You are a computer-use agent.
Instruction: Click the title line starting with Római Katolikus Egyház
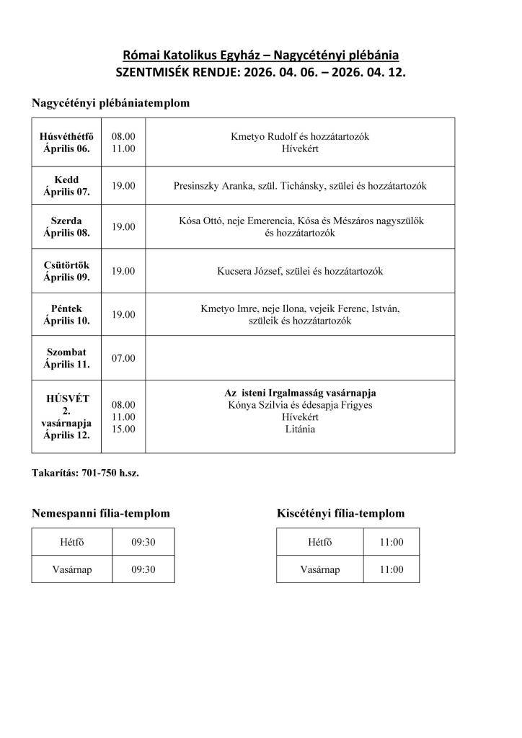(x=260, y=55)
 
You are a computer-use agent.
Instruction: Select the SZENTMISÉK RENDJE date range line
(x=260, y=72)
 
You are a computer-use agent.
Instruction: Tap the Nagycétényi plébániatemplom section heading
(x=110, y=103)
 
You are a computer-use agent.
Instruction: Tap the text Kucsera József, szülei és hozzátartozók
(x=300, y=271)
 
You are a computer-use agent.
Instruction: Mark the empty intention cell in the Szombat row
(x=300, y=358)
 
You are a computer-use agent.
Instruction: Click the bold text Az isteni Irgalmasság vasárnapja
(x=300, y=393)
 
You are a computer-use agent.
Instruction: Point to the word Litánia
(x=300, y=429)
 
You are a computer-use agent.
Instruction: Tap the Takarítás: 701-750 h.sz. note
(x=90, y=474)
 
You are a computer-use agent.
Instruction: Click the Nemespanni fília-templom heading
(x=101, y=513)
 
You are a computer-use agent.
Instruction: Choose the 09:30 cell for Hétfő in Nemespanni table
(x=143, y=542)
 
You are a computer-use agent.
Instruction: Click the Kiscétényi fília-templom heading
(x=340, y=513)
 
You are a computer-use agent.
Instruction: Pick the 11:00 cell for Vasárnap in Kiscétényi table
(x=391, y=569)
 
